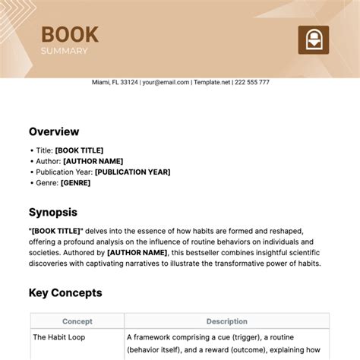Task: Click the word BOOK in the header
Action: (69, 34)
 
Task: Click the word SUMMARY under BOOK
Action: (65, 51)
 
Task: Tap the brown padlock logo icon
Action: (311, 39)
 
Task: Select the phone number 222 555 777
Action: (253, 82)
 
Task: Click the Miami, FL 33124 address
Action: (114, 82)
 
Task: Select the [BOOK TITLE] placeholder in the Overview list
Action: (78, 150)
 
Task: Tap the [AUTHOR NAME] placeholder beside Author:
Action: (93, 161)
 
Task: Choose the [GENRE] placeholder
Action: (75, 182)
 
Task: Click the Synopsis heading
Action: (53, 213)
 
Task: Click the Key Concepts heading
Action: (65, 292)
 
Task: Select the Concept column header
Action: (77, 321)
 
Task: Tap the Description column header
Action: (226, 321)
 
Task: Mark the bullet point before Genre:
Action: (31, 182)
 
